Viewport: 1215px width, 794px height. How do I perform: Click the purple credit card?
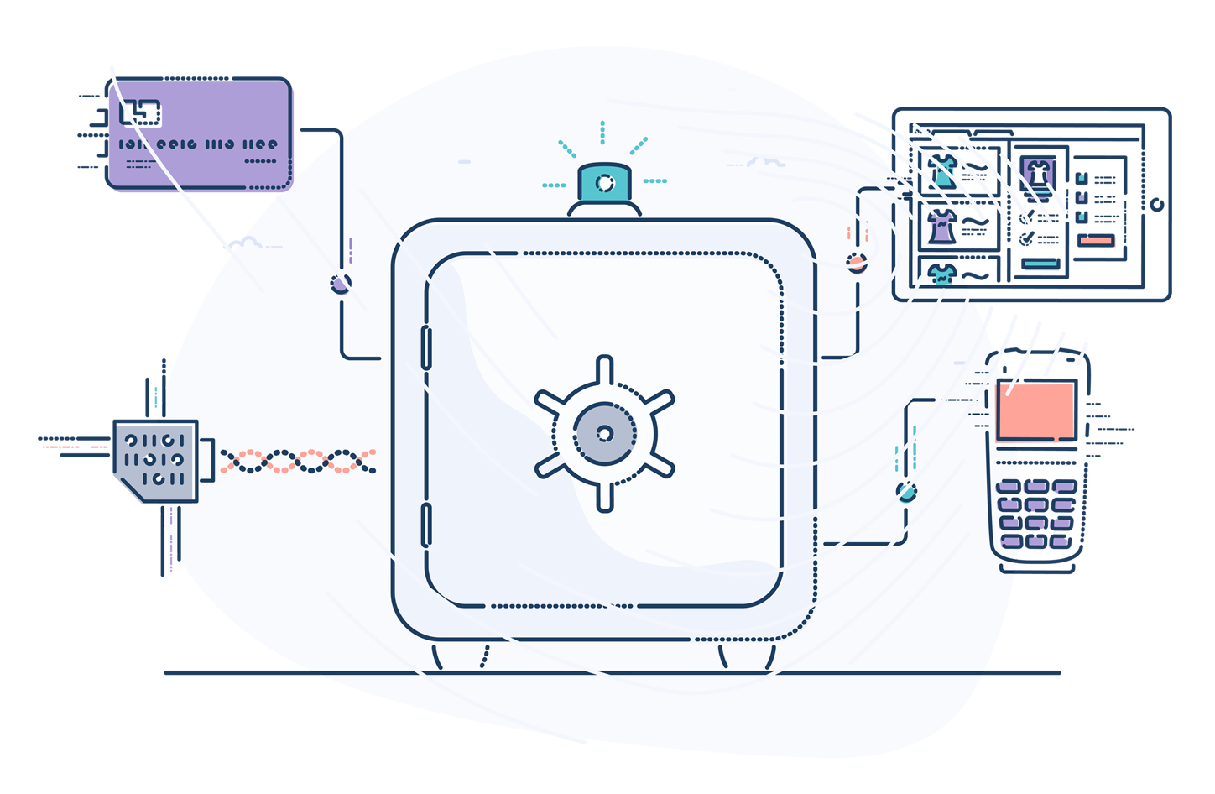200,134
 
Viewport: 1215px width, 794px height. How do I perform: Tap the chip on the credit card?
140,112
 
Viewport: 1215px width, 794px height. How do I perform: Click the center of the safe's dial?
604,433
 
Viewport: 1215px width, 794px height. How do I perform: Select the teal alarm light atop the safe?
604,183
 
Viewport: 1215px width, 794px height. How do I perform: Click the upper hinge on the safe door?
426,347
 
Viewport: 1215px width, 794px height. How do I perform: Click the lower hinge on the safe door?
426,525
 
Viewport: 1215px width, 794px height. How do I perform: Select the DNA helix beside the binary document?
297,461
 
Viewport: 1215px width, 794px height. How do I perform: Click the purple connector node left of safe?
340,284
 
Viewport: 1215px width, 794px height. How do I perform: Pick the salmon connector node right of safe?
856,263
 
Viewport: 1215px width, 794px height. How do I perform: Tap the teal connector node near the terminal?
905,492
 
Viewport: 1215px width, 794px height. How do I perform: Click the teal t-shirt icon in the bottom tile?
942,274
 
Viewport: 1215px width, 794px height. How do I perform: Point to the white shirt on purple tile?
1037,173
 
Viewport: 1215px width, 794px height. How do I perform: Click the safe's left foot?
437,656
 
